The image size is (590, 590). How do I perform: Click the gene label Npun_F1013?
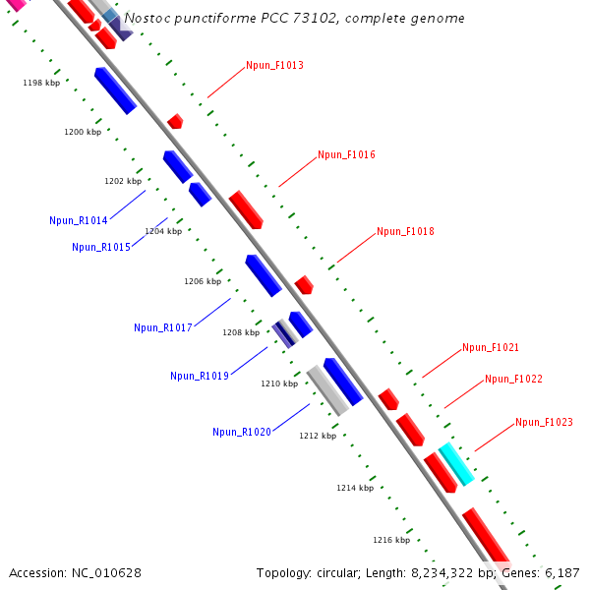pos(274,66)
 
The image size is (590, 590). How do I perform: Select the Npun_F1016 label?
pos(346,155)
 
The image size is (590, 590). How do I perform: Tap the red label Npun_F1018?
pos(405,232)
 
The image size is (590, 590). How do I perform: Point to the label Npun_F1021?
pos(491,348)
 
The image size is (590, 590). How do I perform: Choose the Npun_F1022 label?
pos(513,380)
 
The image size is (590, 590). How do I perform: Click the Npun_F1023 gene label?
pos(544,423)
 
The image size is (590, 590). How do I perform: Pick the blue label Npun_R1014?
pos(79,221)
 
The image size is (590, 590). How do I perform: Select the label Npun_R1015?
pos(101,248)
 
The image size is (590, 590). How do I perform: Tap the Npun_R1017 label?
pos(163,328)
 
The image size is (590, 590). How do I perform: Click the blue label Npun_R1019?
pos(200,377)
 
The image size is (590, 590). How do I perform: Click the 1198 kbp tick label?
pos(41,84)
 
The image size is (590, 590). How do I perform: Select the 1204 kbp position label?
pos(163,232)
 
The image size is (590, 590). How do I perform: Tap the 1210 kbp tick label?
pos(279,384)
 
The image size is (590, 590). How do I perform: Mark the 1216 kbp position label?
pos(391,541)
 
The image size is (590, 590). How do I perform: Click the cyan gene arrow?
pos(456,463)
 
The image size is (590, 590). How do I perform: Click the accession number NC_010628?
pos(107,572)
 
